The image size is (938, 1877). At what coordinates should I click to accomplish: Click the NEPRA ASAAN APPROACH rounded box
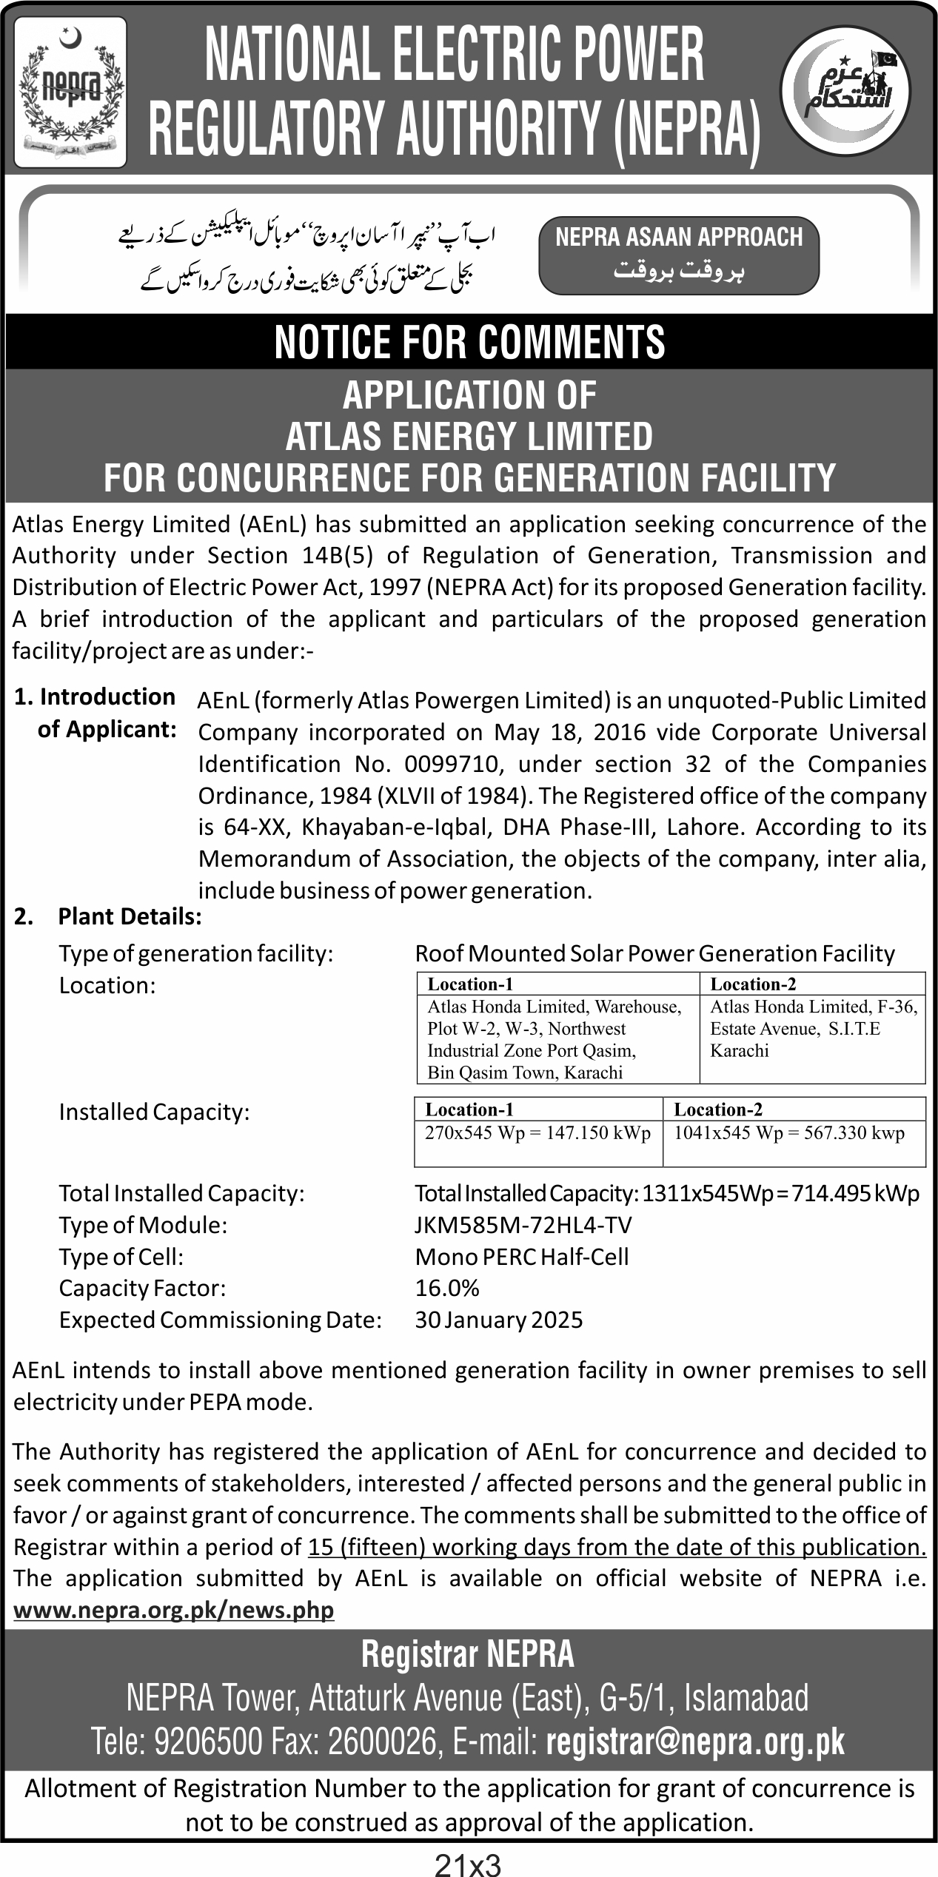click(x=678, y=254)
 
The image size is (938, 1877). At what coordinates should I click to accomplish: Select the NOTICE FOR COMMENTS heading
click(x=469, y=341)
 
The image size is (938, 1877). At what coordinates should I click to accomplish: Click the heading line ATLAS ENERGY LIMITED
click(x=469, y=436)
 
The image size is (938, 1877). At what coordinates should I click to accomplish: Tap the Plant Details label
click(x=130, y=917)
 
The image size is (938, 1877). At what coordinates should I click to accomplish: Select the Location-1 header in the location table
click(x=470, y=984)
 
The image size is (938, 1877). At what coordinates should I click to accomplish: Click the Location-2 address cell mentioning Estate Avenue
click(x=812, y=1028)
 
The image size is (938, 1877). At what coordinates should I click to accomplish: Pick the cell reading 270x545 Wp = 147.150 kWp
click(x=537, y=1133)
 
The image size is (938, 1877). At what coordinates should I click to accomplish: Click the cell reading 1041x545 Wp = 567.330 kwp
click(x=788, y=1133)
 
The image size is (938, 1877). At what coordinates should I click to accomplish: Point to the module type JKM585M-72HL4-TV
click(x=523, y=1225)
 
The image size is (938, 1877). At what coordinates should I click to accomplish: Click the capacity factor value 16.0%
click(x=447, y=1288)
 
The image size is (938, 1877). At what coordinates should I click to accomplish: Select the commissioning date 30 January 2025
click(x=499, y=1320)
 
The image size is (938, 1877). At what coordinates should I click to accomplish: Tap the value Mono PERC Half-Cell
click(x=522, y=1257)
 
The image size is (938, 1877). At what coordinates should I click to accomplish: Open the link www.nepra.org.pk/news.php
click(x=174, y=1610)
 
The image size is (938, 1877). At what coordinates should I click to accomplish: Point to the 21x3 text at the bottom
click(x=468, y=1861)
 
